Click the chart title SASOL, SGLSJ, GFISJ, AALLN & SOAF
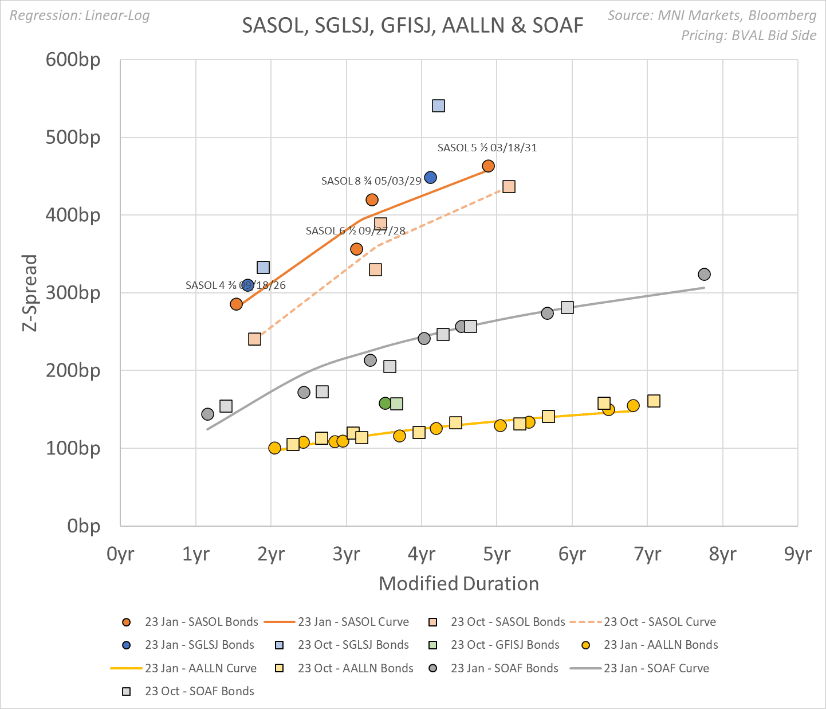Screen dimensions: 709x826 412,26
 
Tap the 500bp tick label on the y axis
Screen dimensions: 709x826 73,138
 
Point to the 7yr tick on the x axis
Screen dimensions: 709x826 647,554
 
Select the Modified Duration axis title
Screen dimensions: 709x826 459,583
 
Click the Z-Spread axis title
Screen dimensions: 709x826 30,293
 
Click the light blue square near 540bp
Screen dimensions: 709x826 438,105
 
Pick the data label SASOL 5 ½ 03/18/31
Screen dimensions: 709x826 487,148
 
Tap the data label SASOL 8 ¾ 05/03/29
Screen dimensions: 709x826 371,181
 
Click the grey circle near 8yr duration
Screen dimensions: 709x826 704,274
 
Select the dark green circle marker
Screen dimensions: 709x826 386,403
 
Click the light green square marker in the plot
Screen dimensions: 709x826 396,404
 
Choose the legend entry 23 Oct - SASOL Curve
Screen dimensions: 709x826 659,622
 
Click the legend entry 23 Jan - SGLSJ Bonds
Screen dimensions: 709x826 199,645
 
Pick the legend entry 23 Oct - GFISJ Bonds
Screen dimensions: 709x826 505,645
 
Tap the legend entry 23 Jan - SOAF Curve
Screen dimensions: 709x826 656,668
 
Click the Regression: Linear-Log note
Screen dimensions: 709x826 80,15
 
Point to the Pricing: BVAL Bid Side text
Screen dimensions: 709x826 748,36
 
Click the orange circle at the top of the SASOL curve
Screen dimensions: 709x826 488,166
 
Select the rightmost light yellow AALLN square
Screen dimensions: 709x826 654,401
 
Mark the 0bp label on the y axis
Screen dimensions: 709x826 84,526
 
